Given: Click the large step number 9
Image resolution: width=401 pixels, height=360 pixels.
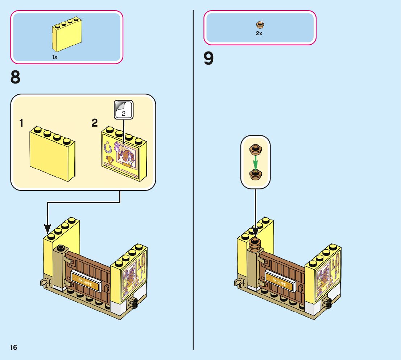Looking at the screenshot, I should (x=208, y=59).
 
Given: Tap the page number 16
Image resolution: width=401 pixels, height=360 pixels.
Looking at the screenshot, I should (x=13, y=348).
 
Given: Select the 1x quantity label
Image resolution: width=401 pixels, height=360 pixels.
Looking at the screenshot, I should (x=55, y=57).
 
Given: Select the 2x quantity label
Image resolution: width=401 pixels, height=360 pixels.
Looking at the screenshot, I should (x=259, y=33).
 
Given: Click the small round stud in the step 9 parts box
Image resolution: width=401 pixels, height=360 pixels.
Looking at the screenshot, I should (x=260, y=25).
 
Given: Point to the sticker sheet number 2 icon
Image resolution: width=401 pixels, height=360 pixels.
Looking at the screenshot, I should (x=124, y=109).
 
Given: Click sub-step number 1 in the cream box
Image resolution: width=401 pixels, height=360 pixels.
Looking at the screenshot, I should (x=22, y=123).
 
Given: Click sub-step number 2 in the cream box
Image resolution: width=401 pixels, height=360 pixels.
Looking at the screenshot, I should (x=95, y=123).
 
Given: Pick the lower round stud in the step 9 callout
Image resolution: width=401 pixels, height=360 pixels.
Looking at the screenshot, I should (x=256, y=175).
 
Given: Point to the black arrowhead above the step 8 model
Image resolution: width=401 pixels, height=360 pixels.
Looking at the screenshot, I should (x=47, y=229).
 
